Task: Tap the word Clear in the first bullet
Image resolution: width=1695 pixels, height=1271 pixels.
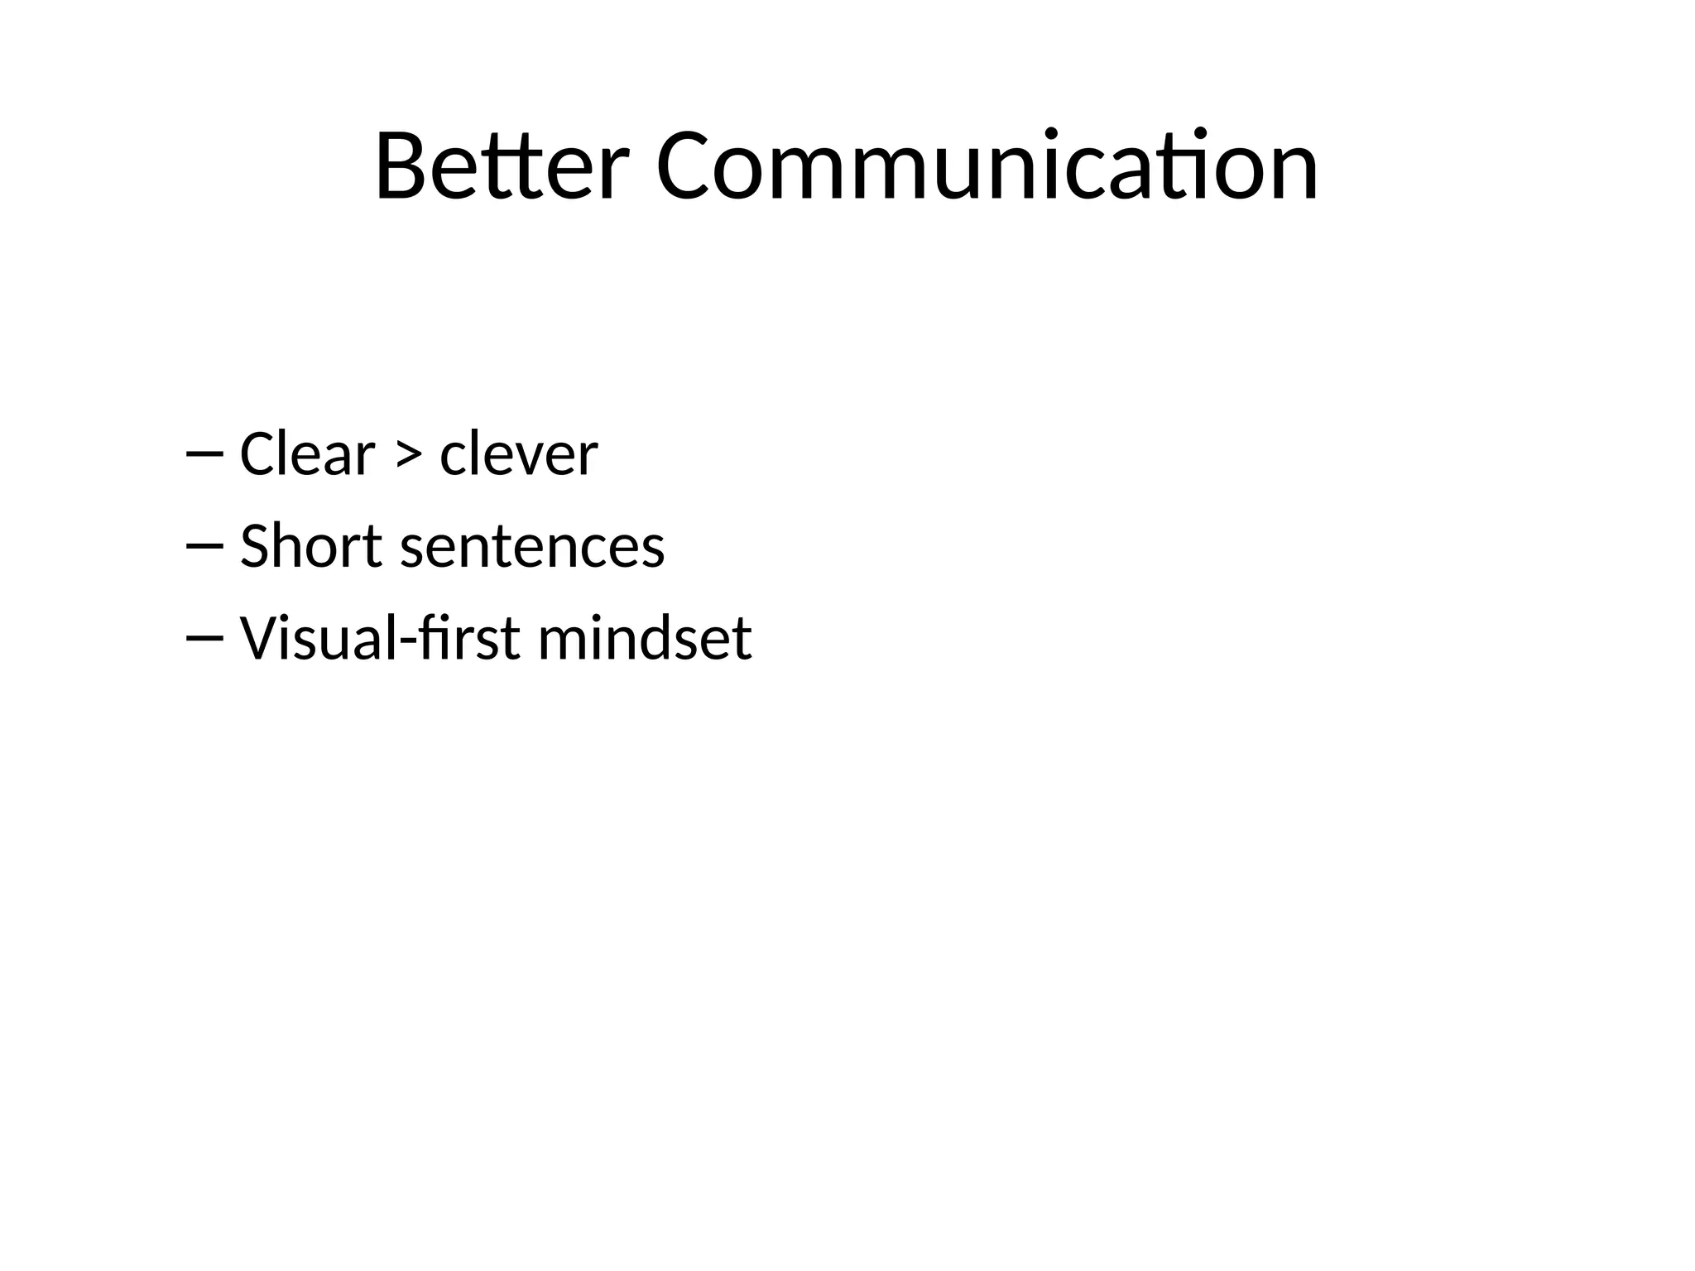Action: click(x=307, y=454)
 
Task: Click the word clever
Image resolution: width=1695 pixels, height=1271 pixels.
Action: click(x=518, y=454)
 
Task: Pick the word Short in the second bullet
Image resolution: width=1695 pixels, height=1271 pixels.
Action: click(x=310, y=546)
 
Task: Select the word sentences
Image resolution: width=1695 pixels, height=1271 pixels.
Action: click(x=532, y=548)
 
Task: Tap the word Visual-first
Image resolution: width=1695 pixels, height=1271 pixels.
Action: click(x=380, y=638)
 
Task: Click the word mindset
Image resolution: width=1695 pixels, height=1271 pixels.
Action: click(x=645, y=638)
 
